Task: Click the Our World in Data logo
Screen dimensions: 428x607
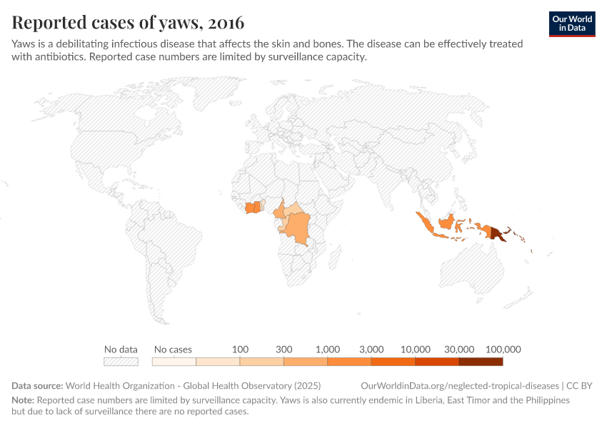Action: click(x=571, y=23)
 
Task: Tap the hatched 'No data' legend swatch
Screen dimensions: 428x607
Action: click(x=121, y=362)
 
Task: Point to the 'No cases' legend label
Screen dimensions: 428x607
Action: click(x=173, y=350)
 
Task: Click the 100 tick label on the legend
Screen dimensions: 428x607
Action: click(x=240, y=350)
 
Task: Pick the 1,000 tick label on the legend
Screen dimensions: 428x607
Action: click(x=327, y=350)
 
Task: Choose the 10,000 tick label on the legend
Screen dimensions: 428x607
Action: click(x=416, y=350)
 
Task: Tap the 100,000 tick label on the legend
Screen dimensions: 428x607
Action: click(x=503, y=350)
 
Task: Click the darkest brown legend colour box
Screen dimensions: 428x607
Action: click(x=481, y=362)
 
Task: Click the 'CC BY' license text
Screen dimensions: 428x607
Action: click(x=579, y=386)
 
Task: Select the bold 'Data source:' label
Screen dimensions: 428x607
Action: click(x=37, y=386)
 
